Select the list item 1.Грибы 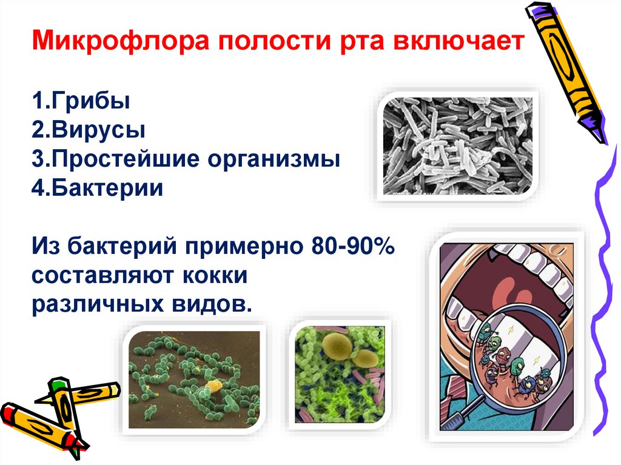(x=81, y=100)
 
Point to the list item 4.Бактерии (x=98, y=188)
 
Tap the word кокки (x=215, y=275)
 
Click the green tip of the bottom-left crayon (x=58, y=384)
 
